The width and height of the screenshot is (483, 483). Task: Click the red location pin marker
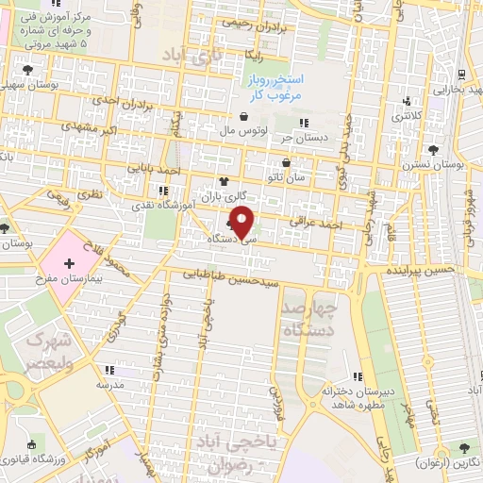pyautogui.click(x=243, y=222)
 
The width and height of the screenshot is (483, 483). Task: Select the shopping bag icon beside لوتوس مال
pyautogui.click(x=244, y=116)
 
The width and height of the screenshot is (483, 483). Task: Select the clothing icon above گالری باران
pyautogui.click(x=224, y=181)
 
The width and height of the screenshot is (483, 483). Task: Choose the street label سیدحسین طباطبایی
pyautogui.click(x=231, y=279)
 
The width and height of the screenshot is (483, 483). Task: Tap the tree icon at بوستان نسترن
pyautogui.click(x=433, y=150)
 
